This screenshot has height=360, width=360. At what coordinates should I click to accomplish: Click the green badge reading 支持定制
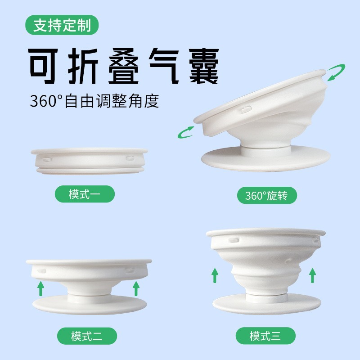[x=62, y=25]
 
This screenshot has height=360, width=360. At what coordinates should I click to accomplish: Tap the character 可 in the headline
[x=43, y=66]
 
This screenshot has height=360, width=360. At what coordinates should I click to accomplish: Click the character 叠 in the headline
[x=123, y=66]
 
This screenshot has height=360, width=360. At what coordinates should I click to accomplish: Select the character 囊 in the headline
[x=204, y=66]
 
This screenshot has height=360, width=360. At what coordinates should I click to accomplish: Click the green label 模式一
[x=85, y=194]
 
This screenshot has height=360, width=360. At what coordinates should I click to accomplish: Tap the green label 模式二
[x=87, y=336]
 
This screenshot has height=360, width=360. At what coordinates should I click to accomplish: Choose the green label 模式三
[x=265, y=336]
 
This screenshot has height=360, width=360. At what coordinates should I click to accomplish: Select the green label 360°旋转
[x=267, y=195]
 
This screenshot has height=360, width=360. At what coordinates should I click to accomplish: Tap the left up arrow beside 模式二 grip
[x=40, y=289]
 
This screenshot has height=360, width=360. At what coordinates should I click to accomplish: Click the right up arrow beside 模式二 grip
[x=136, y=288]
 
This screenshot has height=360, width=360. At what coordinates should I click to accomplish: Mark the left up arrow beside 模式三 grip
[x=215, y=275]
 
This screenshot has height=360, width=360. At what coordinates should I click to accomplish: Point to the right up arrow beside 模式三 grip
[x=312, y=275]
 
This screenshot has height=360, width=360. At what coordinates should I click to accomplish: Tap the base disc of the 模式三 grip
[x=266, y=304]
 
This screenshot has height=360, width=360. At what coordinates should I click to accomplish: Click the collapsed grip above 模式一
[x=89, y=161]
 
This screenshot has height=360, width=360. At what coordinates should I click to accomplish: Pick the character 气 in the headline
[x=164, y=66]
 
